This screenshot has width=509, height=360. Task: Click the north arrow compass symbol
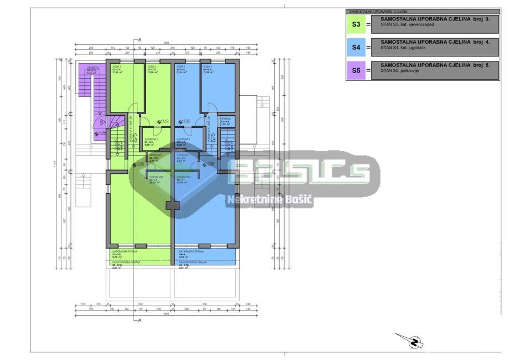tap(413, 341)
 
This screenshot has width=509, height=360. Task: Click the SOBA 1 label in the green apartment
tap(116, 66)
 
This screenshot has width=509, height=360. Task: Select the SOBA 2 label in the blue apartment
tap(181, 66)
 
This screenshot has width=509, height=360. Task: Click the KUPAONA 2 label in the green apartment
tap(151, 139)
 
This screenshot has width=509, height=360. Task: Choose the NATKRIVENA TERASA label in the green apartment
tap(125, 251)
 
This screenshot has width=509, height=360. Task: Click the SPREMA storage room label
tap(225, 119)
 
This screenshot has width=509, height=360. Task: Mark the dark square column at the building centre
tap(173, 205)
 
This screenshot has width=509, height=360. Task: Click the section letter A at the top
tap(140, 40)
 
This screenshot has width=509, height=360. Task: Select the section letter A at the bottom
tap(140, 320)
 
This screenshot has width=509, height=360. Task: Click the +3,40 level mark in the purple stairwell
tap(102, 132)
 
